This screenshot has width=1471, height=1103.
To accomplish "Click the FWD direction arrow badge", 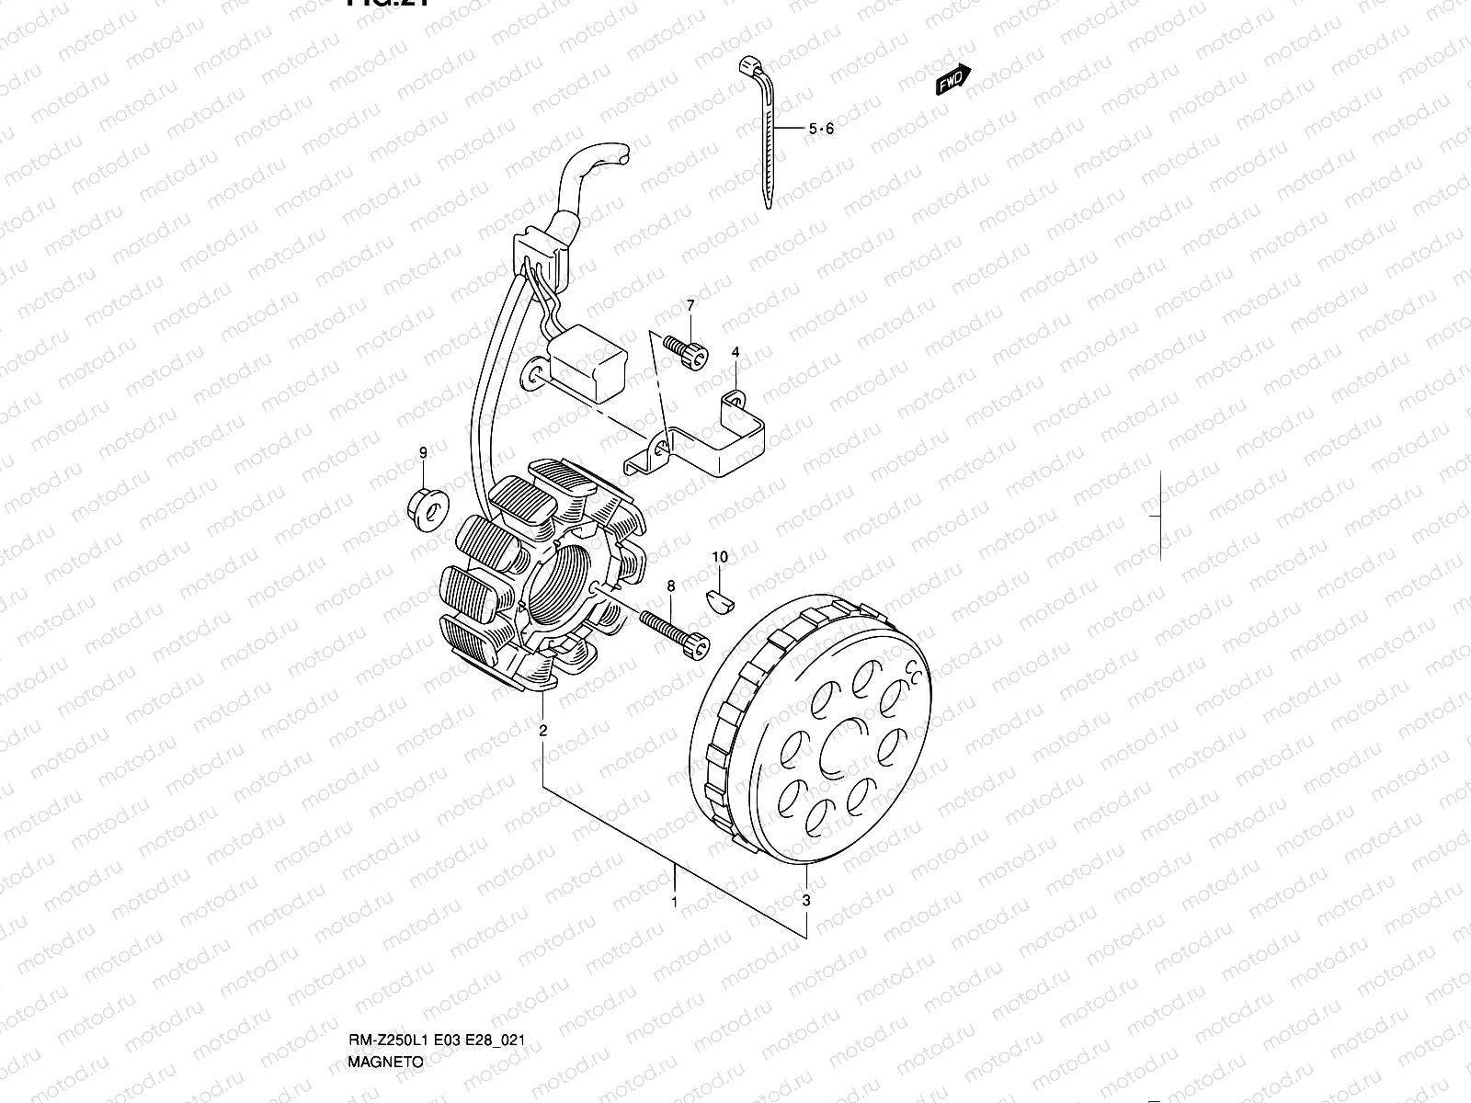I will [x=952, y=81].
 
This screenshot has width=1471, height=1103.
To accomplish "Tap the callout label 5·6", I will [x=821, y=130].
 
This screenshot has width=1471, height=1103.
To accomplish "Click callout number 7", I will [x=690, y=305].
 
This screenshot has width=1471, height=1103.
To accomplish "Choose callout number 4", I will [x=735, y=352].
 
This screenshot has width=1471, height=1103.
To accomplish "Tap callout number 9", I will [x=423, y=452].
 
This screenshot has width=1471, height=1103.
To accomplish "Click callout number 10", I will [x=720, y=557].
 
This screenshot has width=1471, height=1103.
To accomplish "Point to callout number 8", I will [x=671, y=586].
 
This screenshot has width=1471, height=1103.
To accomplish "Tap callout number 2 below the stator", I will [x=543, y=732].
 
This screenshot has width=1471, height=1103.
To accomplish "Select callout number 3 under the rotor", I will [x=806, y=901].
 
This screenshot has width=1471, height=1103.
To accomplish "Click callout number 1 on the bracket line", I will [x=674, y=903].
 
